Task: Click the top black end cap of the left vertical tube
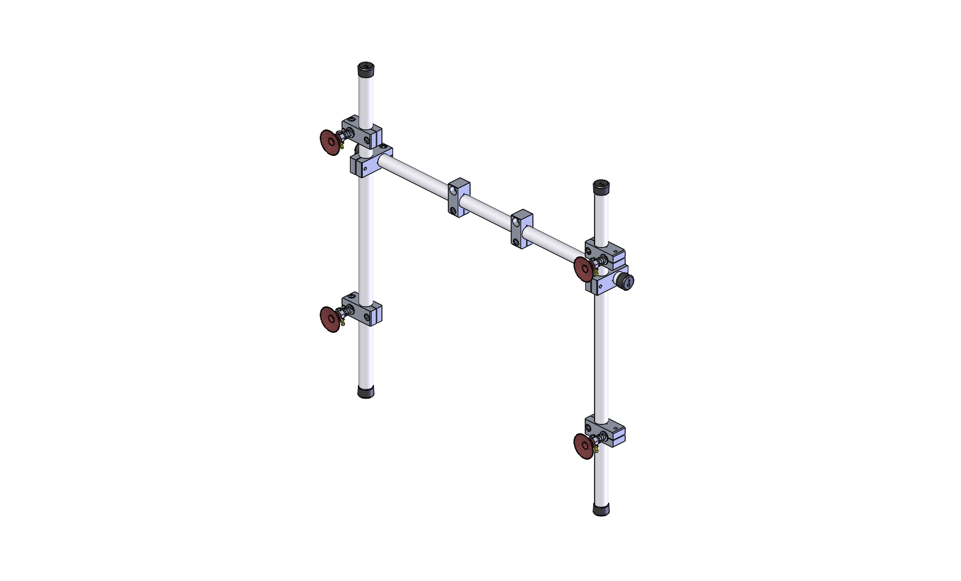point(367,68)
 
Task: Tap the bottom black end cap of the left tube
point(366,391)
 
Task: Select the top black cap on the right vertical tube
point(601,186)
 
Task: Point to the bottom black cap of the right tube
point(601,509)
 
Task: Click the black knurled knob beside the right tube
point(626,282)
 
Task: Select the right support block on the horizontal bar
point(522,229)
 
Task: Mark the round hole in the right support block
point(516,221)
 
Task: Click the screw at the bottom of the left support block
point(454,211)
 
